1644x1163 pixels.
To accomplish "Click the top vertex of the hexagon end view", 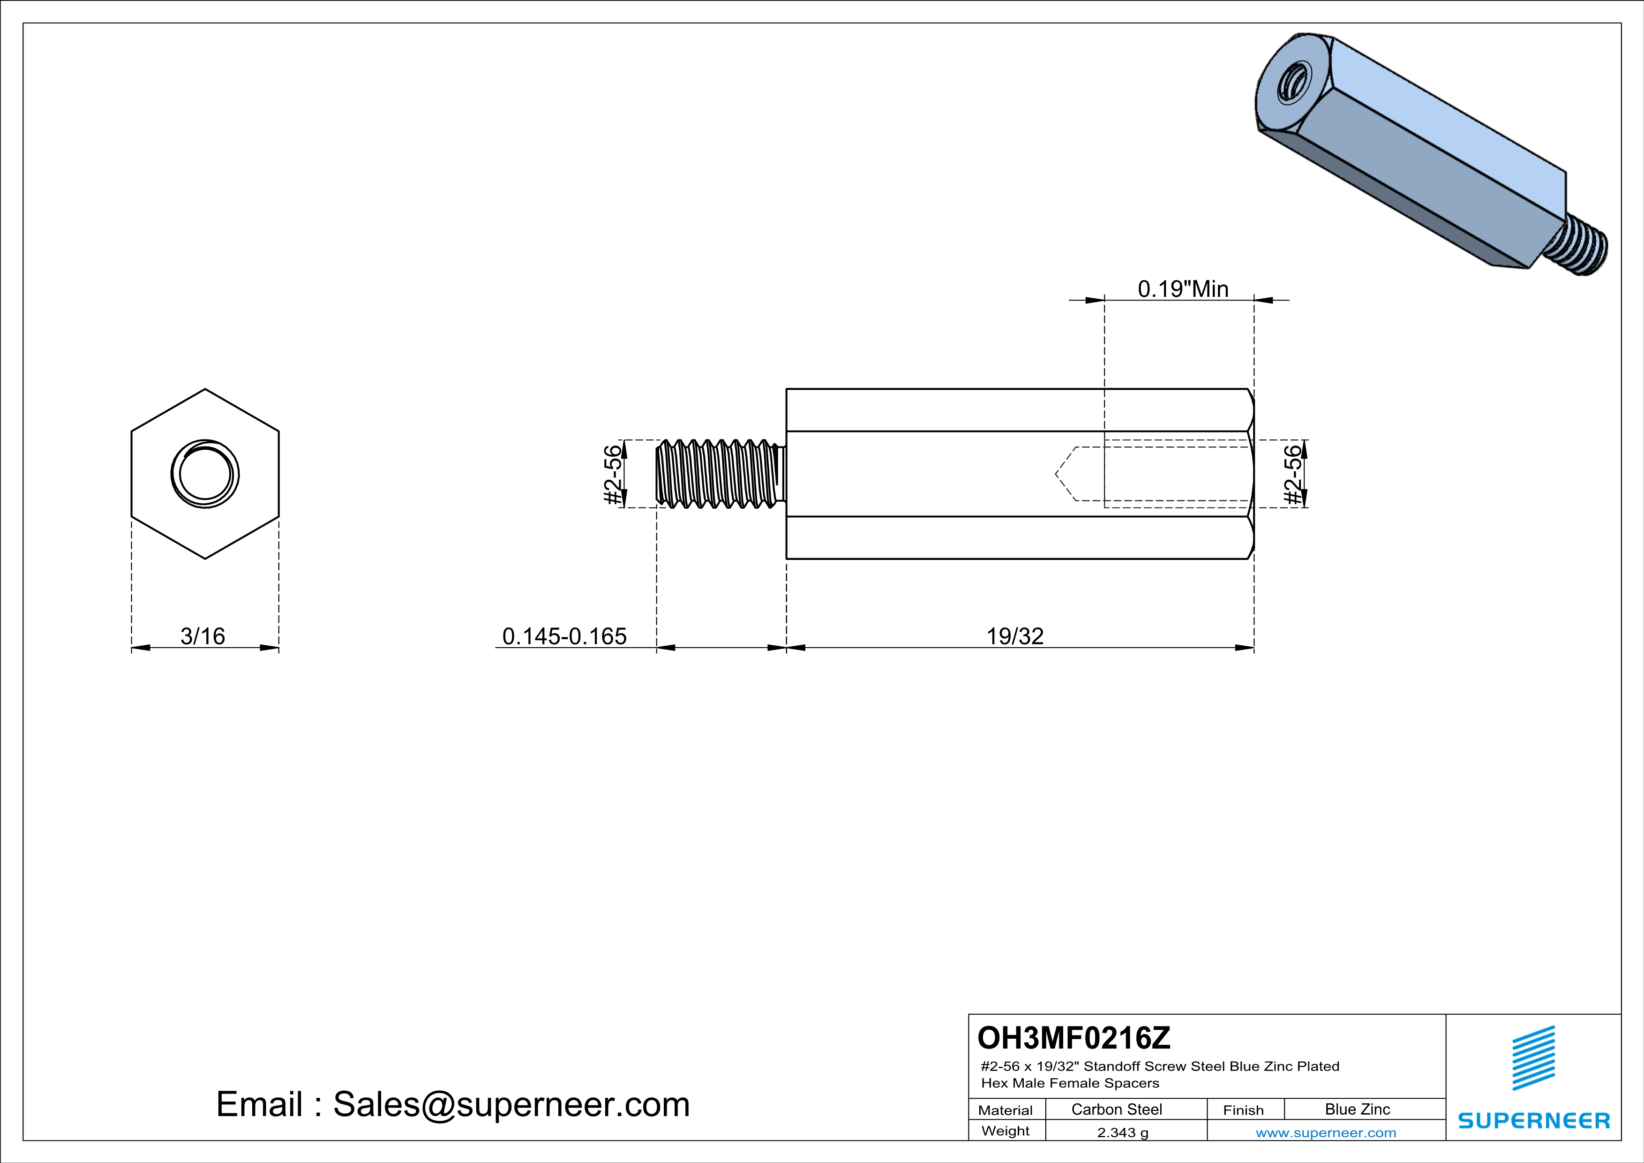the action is click(205, 389).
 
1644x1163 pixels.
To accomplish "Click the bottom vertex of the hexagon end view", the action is click(205, 559).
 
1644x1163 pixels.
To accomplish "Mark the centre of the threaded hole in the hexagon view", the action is click(205, 474).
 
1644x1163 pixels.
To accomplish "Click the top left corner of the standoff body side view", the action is click(787, 389).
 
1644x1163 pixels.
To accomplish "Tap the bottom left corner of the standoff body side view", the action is click(787, 559).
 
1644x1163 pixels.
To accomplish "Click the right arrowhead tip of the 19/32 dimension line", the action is click(1254, 648).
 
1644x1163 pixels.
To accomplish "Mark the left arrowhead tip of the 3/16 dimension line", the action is click(132, 648).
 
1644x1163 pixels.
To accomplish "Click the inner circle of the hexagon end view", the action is click(205, 474).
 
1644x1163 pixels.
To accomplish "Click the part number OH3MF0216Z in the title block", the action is click(1074, 1038).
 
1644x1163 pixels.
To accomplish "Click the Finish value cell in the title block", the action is click(1358, 1109).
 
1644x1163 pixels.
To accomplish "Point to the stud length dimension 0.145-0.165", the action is click(564, 636).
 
